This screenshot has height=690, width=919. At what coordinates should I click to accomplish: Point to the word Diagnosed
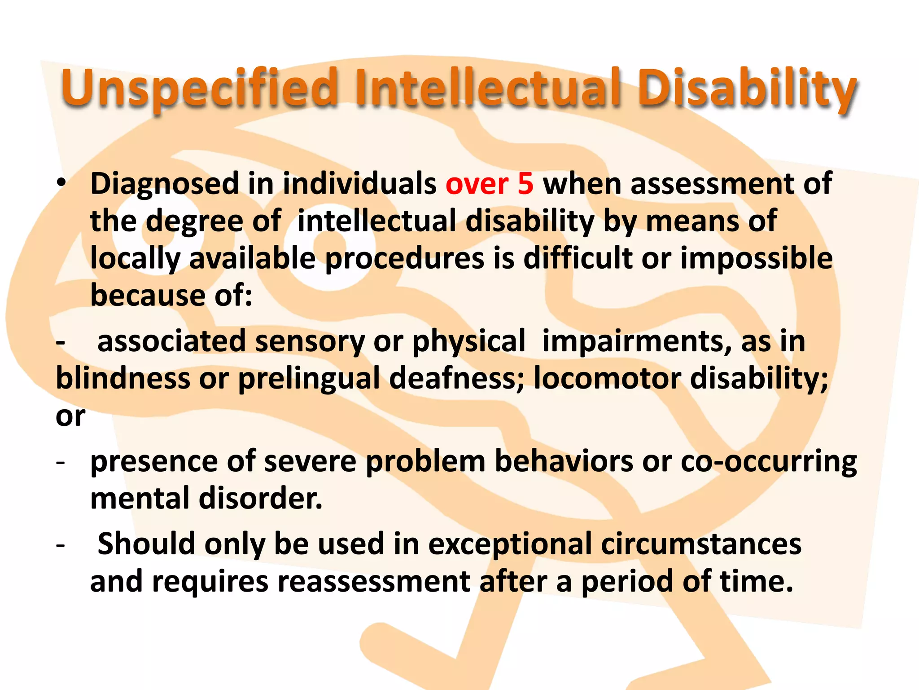(164, 184)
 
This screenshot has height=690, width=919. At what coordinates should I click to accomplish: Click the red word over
(477, 184)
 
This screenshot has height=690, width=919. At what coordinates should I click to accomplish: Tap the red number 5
(525, 184)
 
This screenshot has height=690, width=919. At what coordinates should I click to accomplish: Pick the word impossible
(756, 258)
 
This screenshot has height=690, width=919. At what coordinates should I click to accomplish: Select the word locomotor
(607, 378)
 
